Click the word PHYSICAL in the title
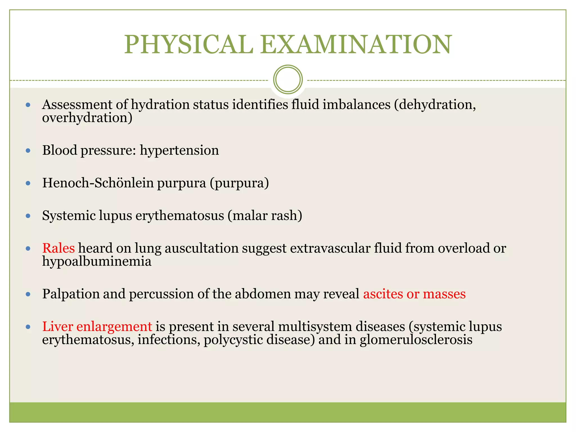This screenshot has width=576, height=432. point(188,44)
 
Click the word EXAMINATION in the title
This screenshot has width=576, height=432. point(356,44)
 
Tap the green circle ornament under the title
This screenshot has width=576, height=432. point(288,80)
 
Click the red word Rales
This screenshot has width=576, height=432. point(58,248)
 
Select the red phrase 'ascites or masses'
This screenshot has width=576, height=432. point(414,294)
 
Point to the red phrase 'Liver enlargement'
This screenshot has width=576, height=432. point(97,327)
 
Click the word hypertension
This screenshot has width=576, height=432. point(179,150)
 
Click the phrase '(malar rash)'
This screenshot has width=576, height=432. point(265,216)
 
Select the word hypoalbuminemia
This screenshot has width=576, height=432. point(97,261)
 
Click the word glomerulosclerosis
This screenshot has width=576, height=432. point(416,339)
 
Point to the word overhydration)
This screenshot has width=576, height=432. point(87,118)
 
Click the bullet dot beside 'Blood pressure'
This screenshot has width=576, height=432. point(28,151)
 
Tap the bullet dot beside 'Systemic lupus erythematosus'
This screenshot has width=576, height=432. point(28,216)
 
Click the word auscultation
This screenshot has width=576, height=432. point(202,248)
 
